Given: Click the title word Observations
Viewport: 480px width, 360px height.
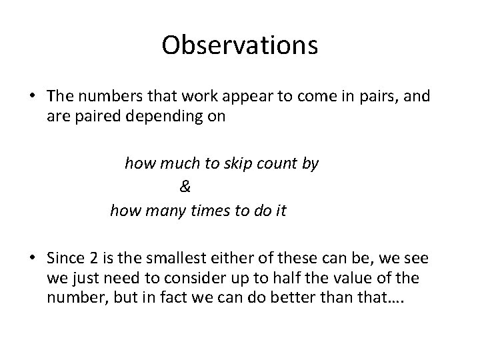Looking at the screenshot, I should click(x=240, y=46).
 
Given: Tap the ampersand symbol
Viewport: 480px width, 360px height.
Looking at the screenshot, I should click(x=185, y=187).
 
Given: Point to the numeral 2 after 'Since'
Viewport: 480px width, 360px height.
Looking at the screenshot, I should click(x=90, y=258).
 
